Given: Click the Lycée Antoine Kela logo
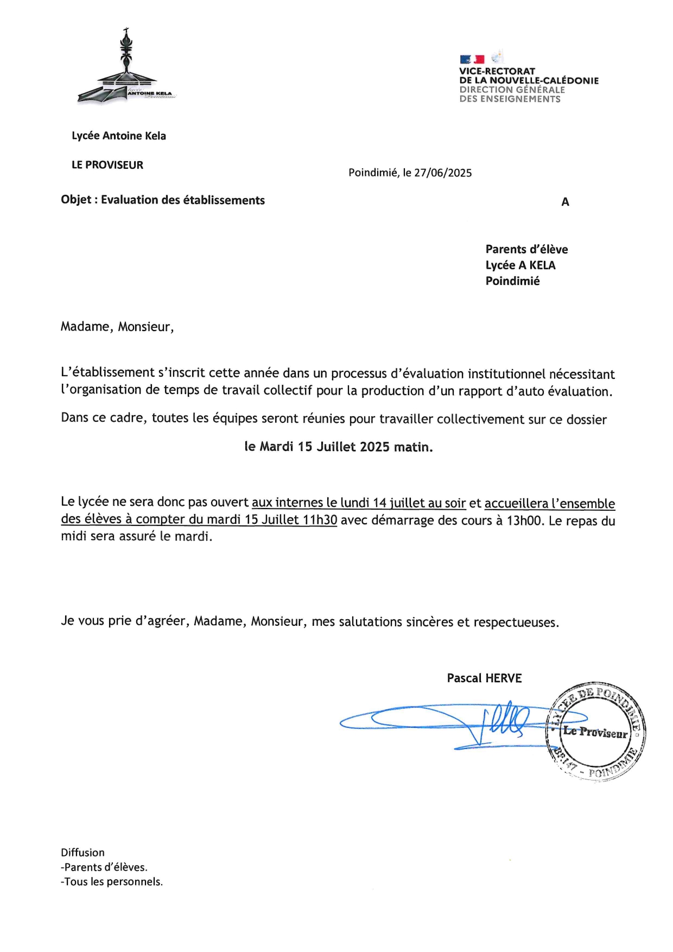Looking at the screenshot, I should click(127, 68).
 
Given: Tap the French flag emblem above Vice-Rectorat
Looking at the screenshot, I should click(472, 59).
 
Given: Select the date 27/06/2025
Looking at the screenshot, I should click(443, 173).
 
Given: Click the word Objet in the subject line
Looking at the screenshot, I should click(76, 200).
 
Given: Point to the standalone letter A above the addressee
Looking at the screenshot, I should click(565, 202).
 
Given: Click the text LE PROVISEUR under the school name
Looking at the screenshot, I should click(107, 165).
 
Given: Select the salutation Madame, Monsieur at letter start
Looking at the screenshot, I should click(117, 327).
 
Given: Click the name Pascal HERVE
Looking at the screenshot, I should click(484, 678).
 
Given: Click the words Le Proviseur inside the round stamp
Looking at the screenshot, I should click(595, 732).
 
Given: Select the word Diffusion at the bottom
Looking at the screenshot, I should click(82, 853).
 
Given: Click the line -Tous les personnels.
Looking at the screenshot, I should click(112, 882).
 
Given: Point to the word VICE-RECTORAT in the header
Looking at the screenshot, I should click(497, 71).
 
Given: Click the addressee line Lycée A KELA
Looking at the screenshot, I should click(520, 265).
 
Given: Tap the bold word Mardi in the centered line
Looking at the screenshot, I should click(276, 447).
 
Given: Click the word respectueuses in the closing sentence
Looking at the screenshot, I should click(516, 622).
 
